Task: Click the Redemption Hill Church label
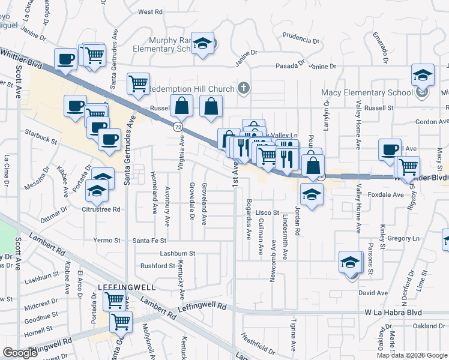point(192,88)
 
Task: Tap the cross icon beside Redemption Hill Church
point(243,88)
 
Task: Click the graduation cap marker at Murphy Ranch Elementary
point(203,44)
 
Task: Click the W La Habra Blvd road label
point(393,313)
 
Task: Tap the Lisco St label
point(268,212)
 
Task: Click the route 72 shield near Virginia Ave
point(178,127)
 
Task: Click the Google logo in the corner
point(20,353)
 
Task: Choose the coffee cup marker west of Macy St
point(390,149)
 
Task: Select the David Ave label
point(373,293)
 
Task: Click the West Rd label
point(150,11)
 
